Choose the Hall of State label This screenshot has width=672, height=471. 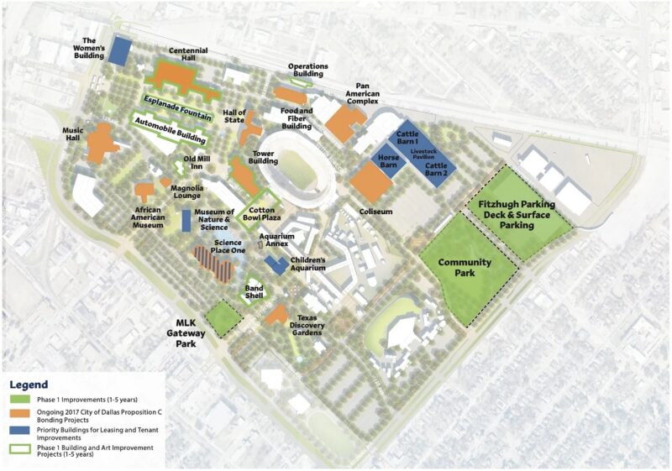coord(234,117)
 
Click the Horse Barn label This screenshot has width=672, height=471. coord(388,161)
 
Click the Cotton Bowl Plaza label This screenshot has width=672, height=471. coord(261,212)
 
